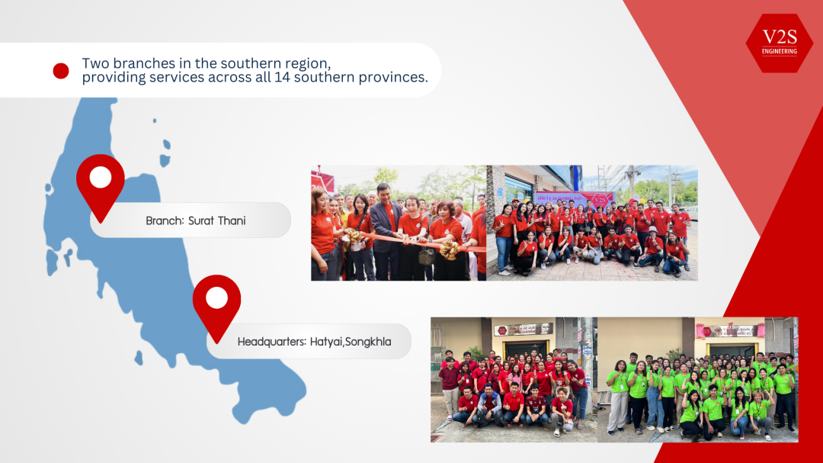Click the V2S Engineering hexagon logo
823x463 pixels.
click(779, 43)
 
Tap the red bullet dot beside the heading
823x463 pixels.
click(61, 71)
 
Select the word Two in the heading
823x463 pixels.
click(95, 63)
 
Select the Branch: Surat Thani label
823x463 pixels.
click(195, 220)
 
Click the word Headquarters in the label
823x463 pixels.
click(271, 342)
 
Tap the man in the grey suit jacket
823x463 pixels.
click(385, 229)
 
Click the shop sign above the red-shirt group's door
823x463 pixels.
click(523, 329)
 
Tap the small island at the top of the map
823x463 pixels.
click(155, 121)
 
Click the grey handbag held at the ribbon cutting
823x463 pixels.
click(427, 256)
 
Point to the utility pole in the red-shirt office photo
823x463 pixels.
click(587, 359)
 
